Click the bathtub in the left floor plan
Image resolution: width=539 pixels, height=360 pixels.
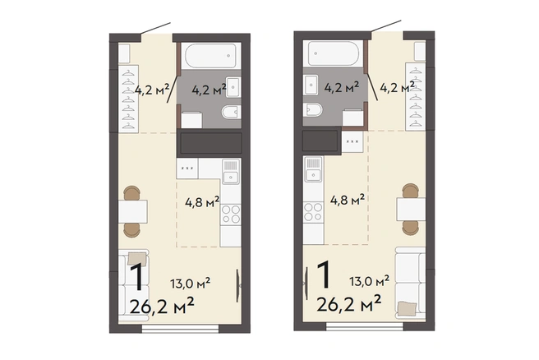[x=210, y=56]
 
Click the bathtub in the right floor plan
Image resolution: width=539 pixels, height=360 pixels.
[x=333, y=53]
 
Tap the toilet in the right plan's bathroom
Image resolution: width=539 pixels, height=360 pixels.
[x=313, y=109]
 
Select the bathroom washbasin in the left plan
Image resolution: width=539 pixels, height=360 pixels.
[x=233, y=87]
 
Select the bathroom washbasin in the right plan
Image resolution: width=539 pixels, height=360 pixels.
[x=311, y=85]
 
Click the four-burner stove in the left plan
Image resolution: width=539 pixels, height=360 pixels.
[x=231, y=215]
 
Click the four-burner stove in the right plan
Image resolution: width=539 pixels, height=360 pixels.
[x=314, y=212]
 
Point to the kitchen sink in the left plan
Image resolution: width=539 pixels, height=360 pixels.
[x=231, y=171]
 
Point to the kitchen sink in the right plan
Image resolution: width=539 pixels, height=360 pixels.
[x=314, y=169]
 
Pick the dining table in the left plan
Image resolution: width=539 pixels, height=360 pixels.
[x=133, y=211]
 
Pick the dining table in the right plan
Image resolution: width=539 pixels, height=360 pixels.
[x=412, y=209]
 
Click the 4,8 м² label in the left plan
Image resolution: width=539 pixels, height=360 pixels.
[x=202, y=202]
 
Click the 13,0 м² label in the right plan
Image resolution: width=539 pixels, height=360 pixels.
[x=370, y=281]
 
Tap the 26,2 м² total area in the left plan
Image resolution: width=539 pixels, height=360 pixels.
[x=162, y=305]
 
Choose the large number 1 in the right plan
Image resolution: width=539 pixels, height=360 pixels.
[x=324, y=275]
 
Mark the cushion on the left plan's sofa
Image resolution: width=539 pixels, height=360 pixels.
[x=137, y=259]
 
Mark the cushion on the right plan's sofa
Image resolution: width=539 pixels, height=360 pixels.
[x=407, y=308]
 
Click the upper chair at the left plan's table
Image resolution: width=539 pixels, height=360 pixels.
[x=132, y=193]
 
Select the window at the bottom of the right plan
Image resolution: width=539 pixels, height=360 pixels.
[x=364, y=326]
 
